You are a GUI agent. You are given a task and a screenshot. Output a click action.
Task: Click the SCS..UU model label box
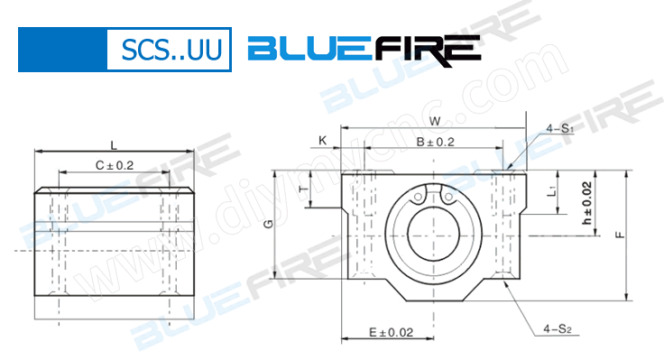(x=169, y=49)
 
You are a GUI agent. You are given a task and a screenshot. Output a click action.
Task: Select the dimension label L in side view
(x=113, y=144)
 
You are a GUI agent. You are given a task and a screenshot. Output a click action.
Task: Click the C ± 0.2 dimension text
(x=114, y=165)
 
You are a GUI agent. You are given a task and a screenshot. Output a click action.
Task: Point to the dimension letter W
(x=435, y=121)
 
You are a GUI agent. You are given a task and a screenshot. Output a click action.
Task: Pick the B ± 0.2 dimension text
(x=435, y=142)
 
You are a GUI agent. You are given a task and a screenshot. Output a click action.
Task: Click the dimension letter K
(x=322, y=141)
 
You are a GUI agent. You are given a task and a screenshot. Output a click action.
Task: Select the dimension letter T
(x=302, y=189)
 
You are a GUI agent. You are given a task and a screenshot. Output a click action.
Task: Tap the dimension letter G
(x=268, y=224)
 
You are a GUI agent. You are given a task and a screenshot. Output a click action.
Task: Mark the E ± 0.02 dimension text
(x=390, y=332)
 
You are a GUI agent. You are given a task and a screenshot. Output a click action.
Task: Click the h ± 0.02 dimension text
(x=586, y=204)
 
